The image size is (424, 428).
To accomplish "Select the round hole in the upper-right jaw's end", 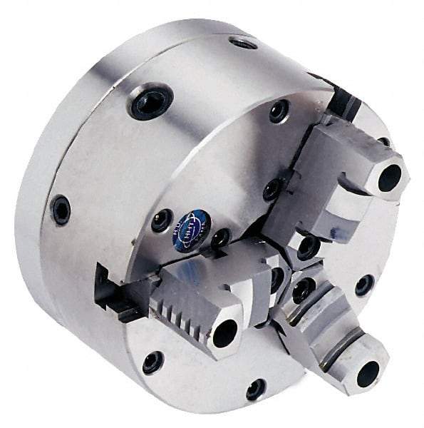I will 390,179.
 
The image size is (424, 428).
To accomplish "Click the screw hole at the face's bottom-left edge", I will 152,362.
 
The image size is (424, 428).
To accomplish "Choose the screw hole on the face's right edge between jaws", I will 364,285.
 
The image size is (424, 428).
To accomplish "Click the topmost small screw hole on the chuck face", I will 278,111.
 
